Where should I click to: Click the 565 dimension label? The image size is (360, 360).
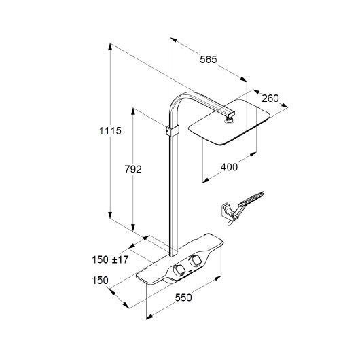point(209,60)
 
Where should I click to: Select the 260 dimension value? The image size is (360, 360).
point(270,98)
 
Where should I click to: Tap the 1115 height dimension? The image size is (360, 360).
point(110,131)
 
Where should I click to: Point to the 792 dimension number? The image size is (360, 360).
point(133,169)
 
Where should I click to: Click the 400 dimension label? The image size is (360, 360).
point(229,167)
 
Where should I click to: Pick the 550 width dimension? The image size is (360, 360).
point(183,298)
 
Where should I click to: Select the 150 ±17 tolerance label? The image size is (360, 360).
point(110,259)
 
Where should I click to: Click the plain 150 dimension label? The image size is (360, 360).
point(100,281)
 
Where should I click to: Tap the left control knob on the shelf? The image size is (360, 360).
point(179,270)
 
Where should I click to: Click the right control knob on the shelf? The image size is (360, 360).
point(195,260)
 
